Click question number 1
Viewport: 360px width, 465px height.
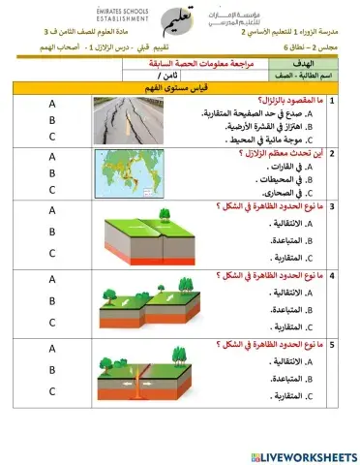pos(331,100)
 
